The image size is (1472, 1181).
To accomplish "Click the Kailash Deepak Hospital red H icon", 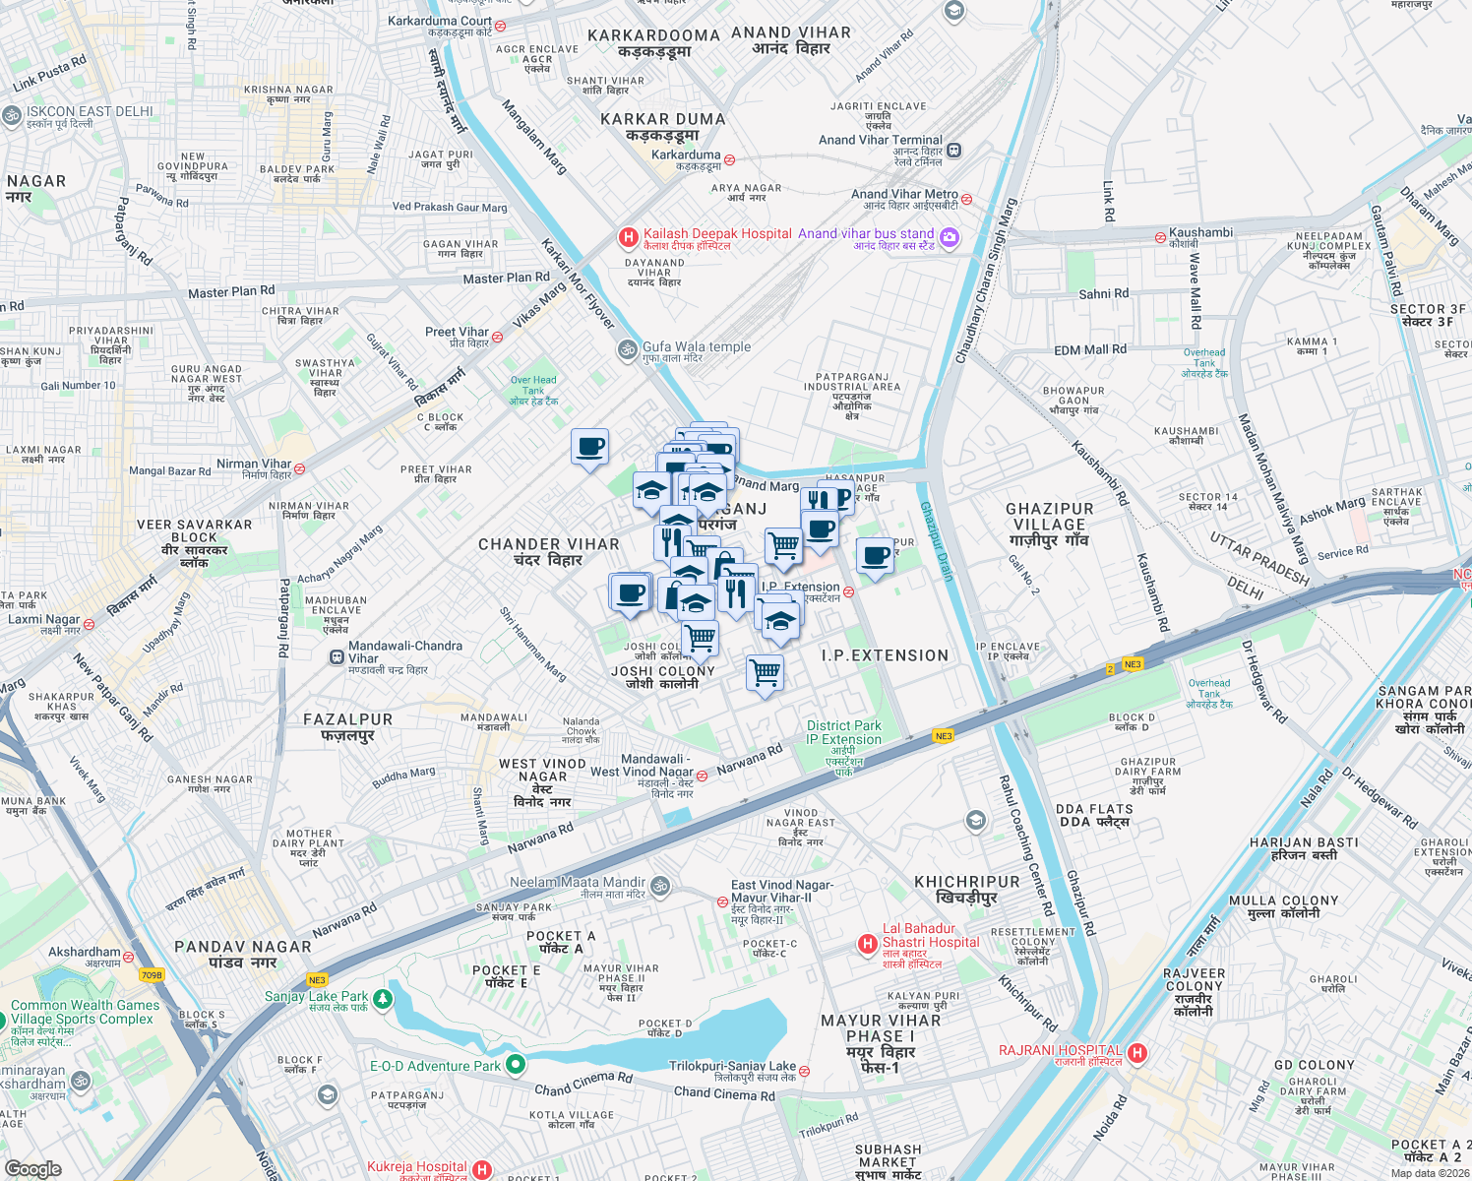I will coord(628,237).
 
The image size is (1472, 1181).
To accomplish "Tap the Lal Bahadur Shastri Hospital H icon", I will coord(867,945).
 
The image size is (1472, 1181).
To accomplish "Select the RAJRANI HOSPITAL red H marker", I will coord(1137,1054).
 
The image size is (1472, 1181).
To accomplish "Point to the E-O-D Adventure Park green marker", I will coord(515,1065).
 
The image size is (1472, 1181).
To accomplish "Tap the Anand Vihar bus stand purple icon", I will coord(949,237).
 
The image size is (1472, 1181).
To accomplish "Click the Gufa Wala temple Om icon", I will coord(627,349).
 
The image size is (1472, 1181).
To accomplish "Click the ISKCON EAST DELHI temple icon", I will coord(12,115).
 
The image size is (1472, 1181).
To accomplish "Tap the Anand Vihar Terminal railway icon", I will coord(954,150).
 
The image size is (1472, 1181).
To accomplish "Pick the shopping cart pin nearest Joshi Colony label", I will coord(700,638).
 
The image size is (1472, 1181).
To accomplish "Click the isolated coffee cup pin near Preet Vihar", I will coord(589,448).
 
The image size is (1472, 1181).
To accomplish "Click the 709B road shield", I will coord(152,975).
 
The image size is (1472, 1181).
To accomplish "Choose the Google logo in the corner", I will coord(32,1169).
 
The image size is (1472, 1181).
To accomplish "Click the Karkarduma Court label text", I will coord(439,21).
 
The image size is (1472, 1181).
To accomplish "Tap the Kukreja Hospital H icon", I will coord(481,1169).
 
